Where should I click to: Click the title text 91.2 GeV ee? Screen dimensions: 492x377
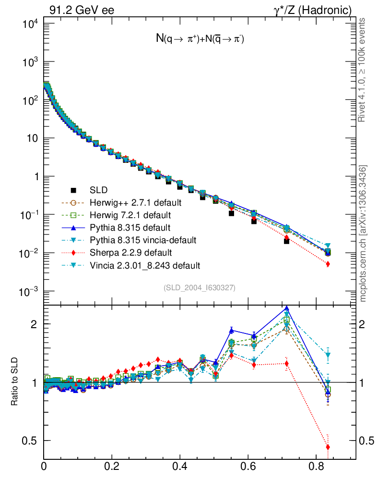click(x=82, y=10)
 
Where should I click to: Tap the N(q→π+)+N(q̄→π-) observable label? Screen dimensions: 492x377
click(x=200, y=39)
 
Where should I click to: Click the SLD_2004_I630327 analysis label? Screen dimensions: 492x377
click(x=199, y=288)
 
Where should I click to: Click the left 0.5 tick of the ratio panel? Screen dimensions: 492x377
click(x=30, y=441)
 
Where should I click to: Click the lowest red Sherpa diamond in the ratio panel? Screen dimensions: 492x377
click(x=328, y=447)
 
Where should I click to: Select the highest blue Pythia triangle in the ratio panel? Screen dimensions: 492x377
click(x=287, y=309)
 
